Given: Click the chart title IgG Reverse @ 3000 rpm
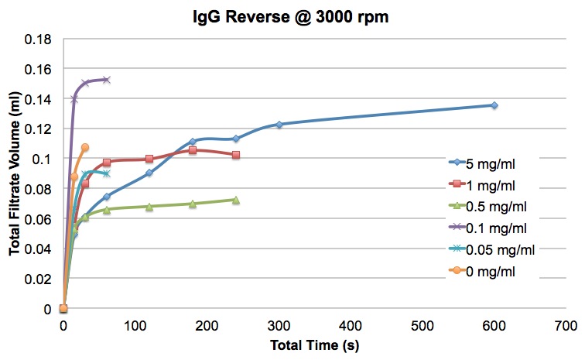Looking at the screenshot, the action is coord(291,17).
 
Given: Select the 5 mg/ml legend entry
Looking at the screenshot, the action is coord(482,163).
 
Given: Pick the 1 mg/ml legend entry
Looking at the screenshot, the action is coord(482,185).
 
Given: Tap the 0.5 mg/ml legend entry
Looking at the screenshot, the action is coord(488,207).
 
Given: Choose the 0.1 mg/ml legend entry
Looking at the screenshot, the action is coord(488,228).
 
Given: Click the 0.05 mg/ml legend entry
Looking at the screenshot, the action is coord(492,249).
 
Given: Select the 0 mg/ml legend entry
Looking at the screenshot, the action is coord(482,271).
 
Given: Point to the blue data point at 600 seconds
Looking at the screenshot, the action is coord(494,105).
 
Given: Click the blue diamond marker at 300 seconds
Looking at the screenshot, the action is coord(279,125).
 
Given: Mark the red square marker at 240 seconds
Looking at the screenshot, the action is coord(236,155).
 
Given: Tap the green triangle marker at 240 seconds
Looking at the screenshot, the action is coord(236,201).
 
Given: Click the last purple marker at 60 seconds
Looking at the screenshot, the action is coord(106,80).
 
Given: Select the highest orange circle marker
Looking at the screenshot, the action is coord(85,147).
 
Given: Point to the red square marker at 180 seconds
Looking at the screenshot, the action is coord(193,150).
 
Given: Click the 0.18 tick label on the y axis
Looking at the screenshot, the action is coord(38,39).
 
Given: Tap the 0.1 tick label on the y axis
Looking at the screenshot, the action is coord(42,159).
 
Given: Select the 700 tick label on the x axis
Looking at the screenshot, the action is coord(566,326).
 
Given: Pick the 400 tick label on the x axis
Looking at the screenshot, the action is coord(351,326).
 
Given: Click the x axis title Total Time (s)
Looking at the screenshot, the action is coord(314,345).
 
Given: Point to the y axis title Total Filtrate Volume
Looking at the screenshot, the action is coord(15,173).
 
